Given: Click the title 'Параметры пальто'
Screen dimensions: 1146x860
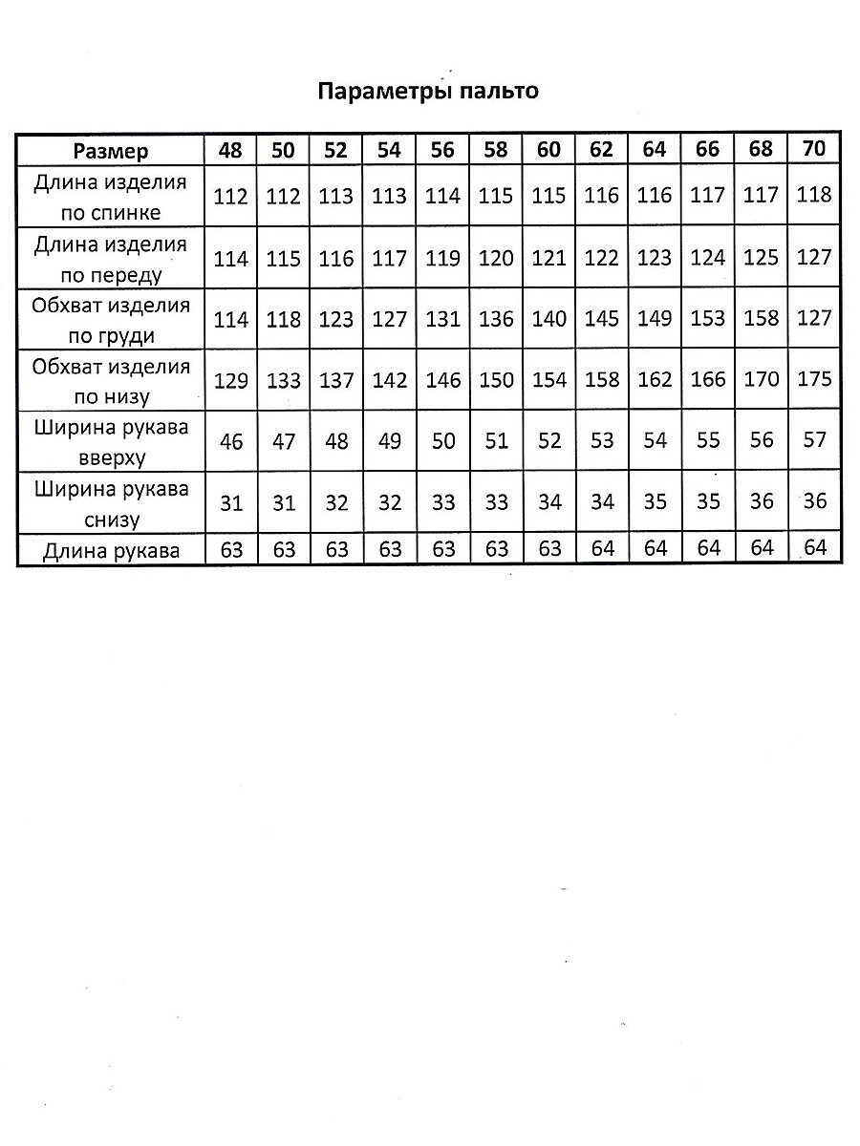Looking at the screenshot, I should [x=428, y=92].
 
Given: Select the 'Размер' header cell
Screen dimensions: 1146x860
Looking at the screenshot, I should [x=111, y=151].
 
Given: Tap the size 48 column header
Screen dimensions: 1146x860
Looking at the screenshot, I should [x=231, y=150].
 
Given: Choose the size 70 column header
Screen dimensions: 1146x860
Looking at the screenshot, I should [x=814, y=149].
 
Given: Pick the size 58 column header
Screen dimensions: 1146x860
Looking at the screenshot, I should [x=496, y=150].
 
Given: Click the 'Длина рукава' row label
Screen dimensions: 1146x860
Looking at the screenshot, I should [x=111, y=550].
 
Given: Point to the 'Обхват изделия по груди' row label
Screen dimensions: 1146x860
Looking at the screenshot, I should [x=111, y=321].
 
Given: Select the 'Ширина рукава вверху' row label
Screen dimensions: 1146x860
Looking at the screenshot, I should [x=111, y=442].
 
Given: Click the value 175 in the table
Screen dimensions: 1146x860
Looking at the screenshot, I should [x=814, y=379].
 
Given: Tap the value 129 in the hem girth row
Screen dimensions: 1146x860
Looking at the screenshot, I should [x=231, y=381].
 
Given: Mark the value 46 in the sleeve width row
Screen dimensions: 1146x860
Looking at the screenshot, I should [x=231, y=442].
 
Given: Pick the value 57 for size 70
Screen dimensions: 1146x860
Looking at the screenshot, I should [x=814, y=440].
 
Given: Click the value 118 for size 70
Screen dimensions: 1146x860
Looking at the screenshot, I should [x=814, y=195].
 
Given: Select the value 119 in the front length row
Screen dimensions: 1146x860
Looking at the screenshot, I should [x=442, y=259].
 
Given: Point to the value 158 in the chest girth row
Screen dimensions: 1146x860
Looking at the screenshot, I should [x=761, y=319].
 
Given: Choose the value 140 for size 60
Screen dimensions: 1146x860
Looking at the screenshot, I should [x=549, y=319].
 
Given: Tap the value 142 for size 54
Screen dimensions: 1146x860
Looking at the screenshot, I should [x=390, y=381].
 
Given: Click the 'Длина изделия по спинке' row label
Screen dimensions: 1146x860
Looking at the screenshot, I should [x=111, y=198].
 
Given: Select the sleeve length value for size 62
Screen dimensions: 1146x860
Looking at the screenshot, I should [x=602, y=549].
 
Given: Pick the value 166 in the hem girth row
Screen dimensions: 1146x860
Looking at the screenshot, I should [x=708, y=380].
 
